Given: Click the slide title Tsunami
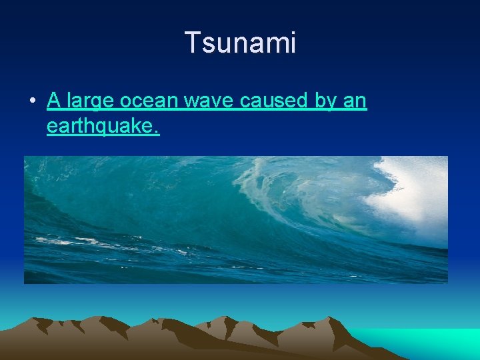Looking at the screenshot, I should pyautogui.click(x=240, y=43).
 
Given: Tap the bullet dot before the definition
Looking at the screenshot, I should pyautogui.click(x=32, y=101).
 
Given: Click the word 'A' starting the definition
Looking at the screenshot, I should pyautogui.click(x=54, y=101).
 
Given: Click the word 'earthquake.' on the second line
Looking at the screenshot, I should pyautogui.click(x=103, y=126).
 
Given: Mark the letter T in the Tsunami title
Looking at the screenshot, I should pyautogui.click(x=192, y=43).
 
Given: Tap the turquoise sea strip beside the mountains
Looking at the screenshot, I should pyautogui.click(x=427, y=340).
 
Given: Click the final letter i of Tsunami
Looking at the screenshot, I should pyautogui.click(x=292, y=43).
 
